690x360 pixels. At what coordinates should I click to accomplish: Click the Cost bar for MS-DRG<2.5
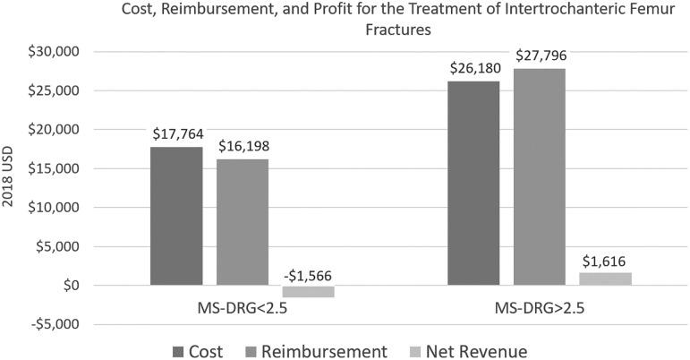(176, 216)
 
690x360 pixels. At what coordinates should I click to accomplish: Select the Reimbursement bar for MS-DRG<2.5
(242, 222)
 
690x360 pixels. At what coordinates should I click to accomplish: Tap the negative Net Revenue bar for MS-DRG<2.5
(308, 291)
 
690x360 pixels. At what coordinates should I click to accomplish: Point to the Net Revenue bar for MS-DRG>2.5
(605, 279)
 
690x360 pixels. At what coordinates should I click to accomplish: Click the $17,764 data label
(176, 135)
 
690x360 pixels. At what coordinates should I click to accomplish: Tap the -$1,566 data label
(308, 277)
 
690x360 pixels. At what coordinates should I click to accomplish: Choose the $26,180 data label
(473, 69)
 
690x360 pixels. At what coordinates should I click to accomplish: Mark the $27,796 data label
(540, 56)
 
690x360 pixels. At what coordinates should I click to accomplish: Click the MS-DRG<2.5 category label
(242, 308)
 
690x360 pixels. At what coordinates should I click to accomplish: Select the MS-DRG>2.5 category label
(540, 308)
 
